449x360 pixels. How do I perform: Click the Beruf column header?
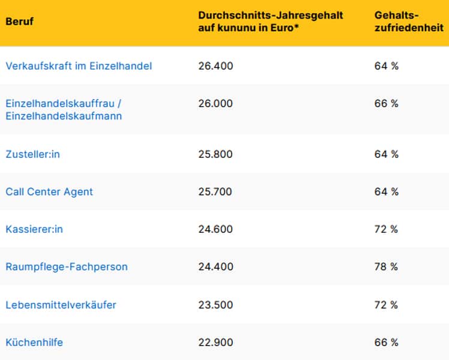(x=20, y=22)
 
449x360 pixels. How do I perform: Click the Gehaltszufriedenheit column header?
(x=408, y=22)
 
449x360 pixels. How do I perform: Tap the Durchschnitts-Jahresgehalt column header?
(x=270, y=22)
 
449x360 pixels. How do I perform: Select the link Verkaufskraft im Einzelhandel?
(x=79, y=66)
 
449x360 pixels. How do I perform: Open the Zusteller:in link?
(x=33, y=154)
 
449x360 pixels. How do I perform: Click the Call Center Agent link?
(x=49, y=192)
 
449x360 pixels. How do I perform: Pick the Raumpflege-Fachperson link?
(x=67, y=267)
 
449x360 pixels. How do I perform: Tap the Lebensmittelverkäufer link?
(x=61, y=305)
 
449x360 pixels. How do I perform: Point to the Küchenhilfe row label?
(x=34, y=343)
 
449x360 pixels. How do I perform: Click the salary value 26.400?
(x=215, y=66)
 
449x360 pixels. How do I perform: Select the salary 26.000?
(x=215, y=104)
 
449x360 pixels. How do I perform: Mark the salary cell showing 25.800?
(x=215, y=154)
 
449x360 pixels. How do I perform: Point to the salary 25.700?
(x=215, y=192)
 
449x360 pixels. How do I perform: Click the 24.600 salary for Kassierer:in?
(x=215, y=229)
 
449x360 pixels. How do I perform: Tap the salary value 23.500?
(x=215, y=305)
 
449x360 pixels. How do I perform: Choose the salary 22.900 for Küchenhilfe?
(x=215, y=343)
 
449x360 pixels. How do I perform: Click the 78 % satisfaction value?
(x=386, y=267)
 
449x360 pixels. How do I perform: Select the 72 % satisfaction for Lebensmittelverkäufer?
(x=386, y=305)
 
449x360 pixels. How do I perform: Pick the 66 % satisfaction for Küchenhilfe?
(x=386, y=343)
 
